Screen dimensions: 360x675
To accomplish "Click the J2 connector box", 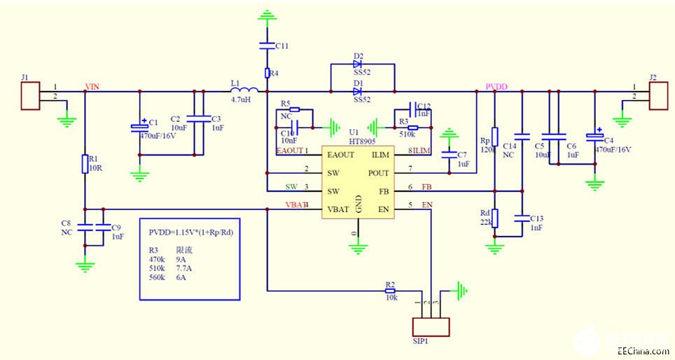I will (x=659, y=96).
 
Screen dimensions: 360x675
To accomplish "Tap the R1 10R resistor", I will (x=85, y=164).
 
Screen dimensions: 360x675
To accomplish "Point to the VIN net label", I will (x=92, y=86).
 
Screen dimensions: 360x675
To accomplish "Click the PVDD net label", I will (x=496, y=86).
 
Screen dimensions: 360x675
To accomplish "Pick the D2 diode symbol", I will (x=359, y=64).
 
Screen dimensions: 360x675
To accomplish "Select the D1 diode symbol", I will (x=359, y=91).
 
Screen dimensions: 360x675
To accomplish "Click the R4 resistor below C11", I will (x=267, y=73).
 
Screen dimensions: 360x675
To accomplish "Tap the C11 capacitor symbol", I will (x=267, y=46).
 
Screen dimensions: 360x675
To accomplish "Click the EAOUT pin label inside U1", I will (x=340, y=154).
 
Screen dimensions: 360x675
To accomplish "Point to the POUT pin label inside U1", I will (x=379, y=173).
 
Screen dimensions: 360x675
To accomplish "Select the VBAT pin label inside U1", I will (x=338, y=209).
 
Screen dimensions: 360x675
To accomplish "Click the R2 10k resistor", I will (x=390, y=290).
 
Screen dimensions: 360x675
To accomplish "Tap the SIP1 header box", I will (x=431, y=327).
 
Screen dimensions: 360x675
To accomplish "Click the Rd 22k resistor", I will (x=495, y=218).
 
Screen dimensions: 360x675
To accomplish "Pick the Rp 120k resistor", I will (x=495, y=137).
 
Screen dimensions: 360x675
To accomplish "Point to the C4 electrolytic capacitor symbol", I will (x=595, y=133).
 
